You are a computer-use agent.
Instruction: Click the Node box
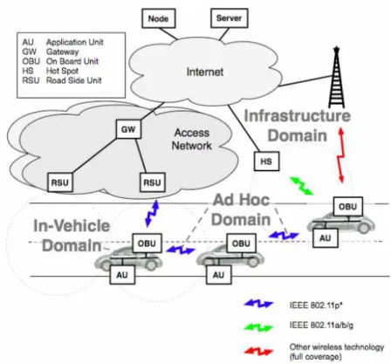159,18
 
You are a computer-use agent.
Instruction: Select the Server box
230,18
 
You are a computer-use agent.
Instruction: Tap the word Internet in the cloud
205,72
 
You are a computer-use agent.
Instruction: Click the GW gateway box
128,129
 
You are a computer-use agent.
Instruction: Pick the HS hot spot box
266,161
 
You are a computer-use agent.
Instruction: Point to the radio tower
337,78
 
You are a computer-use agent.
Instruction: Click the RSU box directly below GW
153,182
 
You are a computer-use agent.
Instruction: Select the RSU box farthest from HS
60,182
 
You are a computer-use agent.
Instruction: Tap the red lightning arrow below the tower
341,156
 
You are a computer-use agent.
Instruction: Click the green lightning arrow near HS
302,186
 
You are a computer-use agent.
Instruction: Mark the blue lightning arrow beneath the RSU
152,213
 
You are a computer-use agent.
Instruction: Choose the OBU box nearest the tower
348,207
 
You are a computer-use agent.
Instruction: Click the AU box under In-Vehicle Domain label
122,275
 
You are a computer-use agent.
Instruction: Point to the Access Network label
192,139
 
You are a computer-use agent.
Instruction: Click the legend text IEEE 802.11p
316,306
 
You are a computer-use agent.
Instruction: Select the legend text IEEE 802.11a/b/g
321,326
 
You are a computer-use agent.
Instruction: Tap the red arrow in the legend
258,352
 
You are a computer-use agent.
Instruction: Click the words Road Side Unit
74,80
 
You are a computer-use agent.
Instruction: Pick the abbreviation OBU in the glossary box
31,61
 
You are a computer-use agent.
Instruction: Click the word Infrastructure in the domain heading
298,115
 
